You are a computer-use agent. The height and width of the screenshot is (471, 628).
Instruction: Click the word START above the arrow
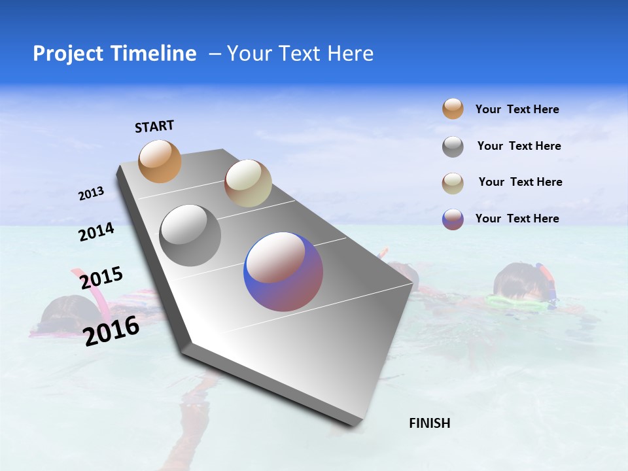coord(154,126)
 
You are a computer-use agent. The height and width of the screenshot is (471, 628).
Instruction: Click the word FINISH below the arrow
coord(429,423)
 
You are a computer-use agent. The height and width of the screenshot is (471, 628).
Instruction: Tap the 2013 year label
coord(92,194)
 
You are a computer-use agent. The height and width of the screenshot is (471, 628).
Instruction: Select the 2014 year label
coord(96,232)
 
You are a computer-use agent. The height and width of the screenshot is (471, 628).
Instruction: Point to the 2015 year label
coord(101,278)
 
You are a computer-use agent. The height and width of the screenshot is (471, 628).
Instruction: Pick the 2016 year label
coord(111,330)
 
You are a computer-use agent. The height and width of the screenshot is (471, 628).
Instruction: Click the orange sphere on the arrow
coord(160,161)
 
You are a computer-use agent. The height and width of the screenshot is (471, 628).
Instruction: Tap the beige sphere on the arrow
coord(248,183)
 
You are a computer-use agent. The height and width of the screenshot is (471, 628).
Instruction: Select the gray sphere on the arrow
coord(190,235)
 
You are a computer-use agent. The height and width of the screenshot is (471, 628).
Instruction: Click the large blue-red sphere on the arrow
coord(283,271)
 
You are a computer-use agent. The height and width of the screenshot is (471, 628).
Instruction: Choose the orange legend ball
coord(453,109)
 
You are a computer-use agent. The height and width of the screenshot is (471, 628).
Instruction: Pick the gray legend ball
coord(453,147)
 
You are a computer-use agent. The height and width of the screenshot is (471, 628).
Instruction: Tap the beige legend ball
coord(453,183)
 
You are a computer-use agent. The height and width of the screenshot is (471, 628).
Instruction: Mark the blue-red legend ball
coord(453,219)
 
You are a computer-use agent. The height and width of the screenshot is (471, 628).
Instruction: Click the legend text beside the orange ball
coord(517,109)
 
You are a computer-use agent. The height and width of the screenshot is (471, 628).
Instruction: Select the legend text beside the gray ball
coord(519,146)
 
